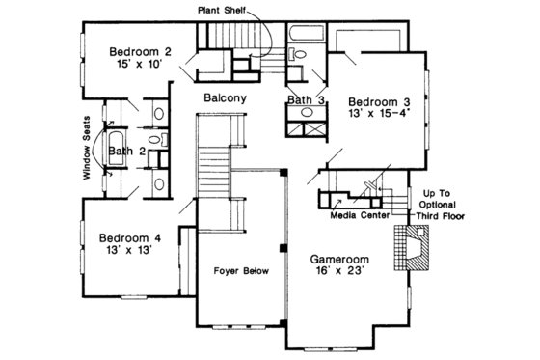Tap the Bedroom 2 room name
[x=140, y=52]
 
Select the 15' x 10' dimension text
[x=139, y=67]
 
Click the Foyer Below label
[x=241, y=271]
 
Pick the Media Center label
[x=360, y=216]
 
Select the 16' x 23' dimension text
[x=342, y=274]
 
